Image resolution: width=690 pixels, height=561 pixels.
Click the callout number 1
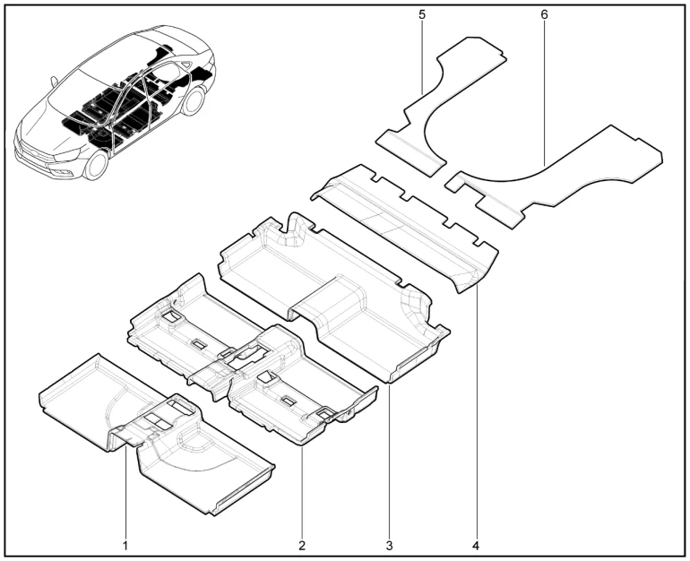125,546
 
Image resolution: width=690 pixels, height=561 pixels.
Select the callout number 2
302,546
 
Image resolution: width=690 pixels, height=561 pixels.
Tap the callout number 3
389,546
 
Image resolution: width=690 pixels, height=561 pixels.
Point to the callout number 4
476,546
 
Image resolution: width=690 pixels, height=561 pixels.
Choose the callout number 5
422,14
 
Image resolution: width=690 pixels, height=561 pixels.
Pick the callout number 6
544,14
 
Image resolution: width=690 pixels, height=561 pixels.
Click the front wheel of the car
96,165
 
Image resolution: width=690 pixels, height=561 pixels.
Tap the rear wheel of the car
194,100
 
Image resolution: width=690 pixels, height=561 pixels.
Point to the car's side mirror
54,82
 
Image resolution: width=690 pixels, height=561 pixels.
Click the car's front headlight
66,155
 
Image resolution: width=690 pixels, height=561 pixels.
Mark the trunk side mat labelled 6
554,177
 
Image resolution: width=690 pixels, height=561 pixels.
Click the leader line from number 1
125,492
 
